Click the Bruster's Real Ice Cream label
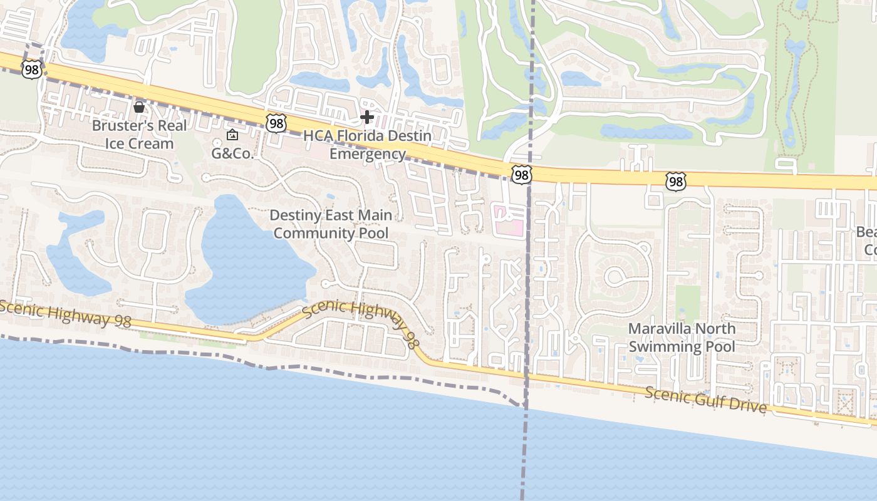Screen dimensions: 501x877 [x=139, y=135]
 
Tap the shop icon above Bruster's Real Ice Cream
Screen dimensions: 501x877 [x=139, y=108]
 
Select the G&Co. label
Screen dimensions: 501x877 [x=232, y=153]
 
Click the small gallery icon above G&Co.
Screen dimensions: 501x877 [x=232, y=135]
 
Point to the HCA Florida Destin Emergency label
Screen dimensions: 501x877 [x=368, y=145]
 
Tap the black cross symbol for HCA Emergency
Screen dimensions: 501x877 [x=367, y=116]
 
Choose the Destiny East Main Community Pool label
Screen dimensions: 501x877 [x=331, y=224]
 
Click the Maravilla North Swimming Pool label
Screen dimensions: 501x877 [x=682, y=338]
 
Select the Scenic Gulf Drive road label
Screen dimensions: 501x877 [x=705, y=400]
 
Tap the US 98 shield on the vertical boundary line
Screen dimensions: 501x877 [x=521, y=175]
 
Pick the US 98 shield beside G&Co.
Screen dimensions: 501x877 [x=276, y=123]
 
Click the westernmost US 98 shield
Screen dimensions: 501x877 [x=31, y=69]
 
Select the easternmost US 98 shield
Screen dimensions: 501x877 [x=675, y=182]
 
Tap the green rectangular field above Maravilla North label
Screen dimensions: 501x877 [x=688, y=302]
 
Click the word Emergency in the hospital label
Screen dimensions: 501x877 [x=368, y=154]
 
